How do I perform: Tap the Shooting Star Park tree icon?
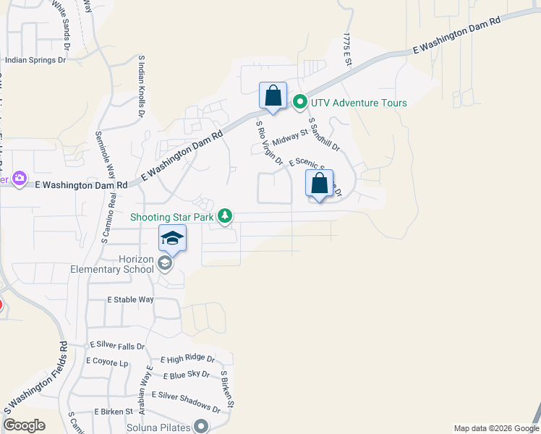(x=226, y=216)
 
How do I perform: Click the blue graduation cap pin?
(x=172, y=238)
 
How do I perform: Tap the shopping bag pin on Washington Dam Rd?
(x=273, y=96)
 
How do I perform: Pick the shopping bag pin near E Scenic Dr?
(x=319, y=184)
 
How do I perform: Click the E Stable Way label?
(x=131, y=299)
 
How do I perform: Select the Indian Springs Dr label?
(x=35, y=61)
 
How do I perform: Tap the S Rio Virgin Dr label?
(x=269, y=142)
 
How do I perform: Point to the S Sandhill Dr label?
(x=324, y=135)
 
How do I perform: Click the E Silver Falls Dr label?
(x=116, y=346)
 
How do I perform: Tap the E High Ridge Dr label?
(x=187, y=359)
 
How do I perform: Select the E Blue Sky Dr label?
(x=186, y=375)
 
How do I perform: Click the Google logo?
(x=25, y=425)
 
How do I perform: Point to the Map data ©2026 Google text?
(x=495, y=428)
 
